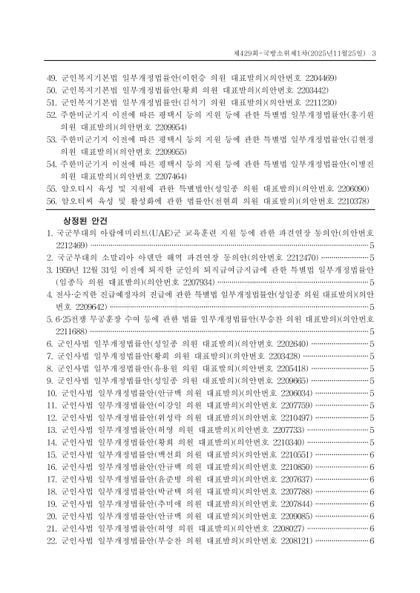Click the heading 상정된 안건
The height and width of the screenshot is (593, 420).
click(x=88, y=221)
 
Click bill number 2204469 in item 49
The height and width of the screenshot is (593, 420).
click(x=319, y=78)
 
